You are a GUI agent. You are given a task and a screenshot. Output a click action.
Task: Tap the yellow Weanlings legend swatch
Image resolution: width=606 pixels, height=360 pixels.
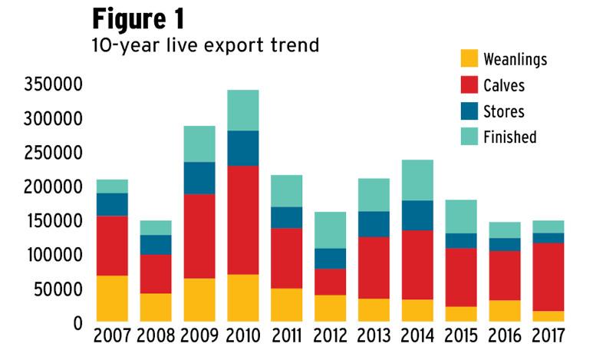(x=469, y=58)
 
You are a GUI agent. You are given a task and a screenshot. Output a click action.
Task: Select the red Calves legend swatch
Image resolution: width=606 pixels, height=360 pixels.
(x=469, y=85)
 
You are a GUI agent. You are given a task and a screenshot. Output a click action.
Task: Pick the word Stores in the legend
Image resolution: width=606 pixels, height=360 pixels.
(x=504, y=111)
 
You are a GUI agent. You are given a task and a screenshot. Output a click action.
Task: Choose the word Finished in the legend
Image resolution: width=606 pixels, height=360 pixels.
(x=510, y=137)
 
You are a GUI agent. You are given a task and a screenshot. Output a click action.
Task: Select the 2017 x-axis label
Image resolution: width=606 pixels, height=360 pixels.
(x=548, y=337)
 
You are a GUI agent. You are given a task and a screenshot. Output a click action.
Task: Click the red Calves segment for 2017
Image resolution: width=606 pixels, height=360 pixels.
(x=548, y=277)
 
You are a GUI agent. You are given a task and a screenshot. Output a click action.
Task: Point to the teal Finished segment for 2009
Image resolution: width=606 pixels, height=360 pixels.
(x=200, y=144)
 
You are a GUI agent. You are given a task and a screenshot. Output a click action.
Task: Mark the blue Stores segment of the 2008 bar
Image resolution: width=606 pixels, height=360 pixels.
(x=156, y=244)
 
